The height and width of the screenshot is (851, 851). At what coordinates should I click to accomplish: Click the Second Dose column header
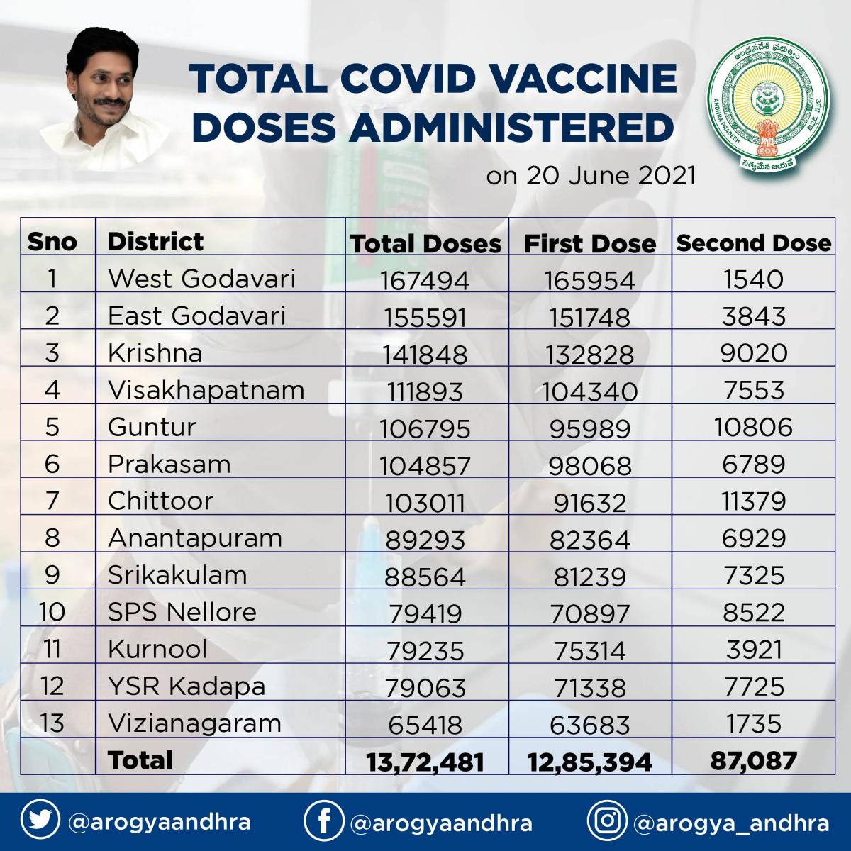[x=753, y=243]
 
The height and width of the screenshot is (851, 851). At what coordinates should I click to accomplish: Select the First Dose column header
[x=589, y=244]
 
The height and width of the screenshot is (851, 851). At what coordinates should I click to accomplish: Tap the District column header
[x=155, y=242]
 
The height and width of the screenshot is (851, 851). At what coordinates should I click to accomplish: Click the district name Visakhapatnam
[x=206, y=390]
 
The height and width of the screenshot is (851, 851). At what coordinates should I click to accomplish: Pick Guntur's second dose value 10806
[x=753, y=427]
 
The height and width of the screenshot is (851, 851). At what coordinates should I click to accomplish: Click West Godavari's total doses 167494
[x=425, y=280]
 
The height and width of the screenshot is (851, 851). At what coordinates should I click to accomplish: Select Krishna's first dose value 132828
[x=589, y=355]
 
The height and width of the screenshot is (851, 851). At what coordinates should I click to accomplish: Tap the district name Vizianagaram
[x=195, y=724]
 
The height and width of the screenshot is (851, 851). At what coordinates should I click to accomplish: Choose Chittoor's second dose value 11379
[x=753, y=501]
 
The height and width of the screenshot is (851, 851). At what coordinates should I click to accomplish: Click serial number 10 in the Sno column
[x=52, y=612]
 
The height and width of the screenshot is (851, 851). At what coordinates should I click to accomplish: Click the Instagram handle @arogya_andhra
[x=731, y=823]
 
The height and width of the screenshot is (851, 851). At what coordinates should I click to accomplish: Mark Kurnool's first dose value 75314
[x=589, y=651]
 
